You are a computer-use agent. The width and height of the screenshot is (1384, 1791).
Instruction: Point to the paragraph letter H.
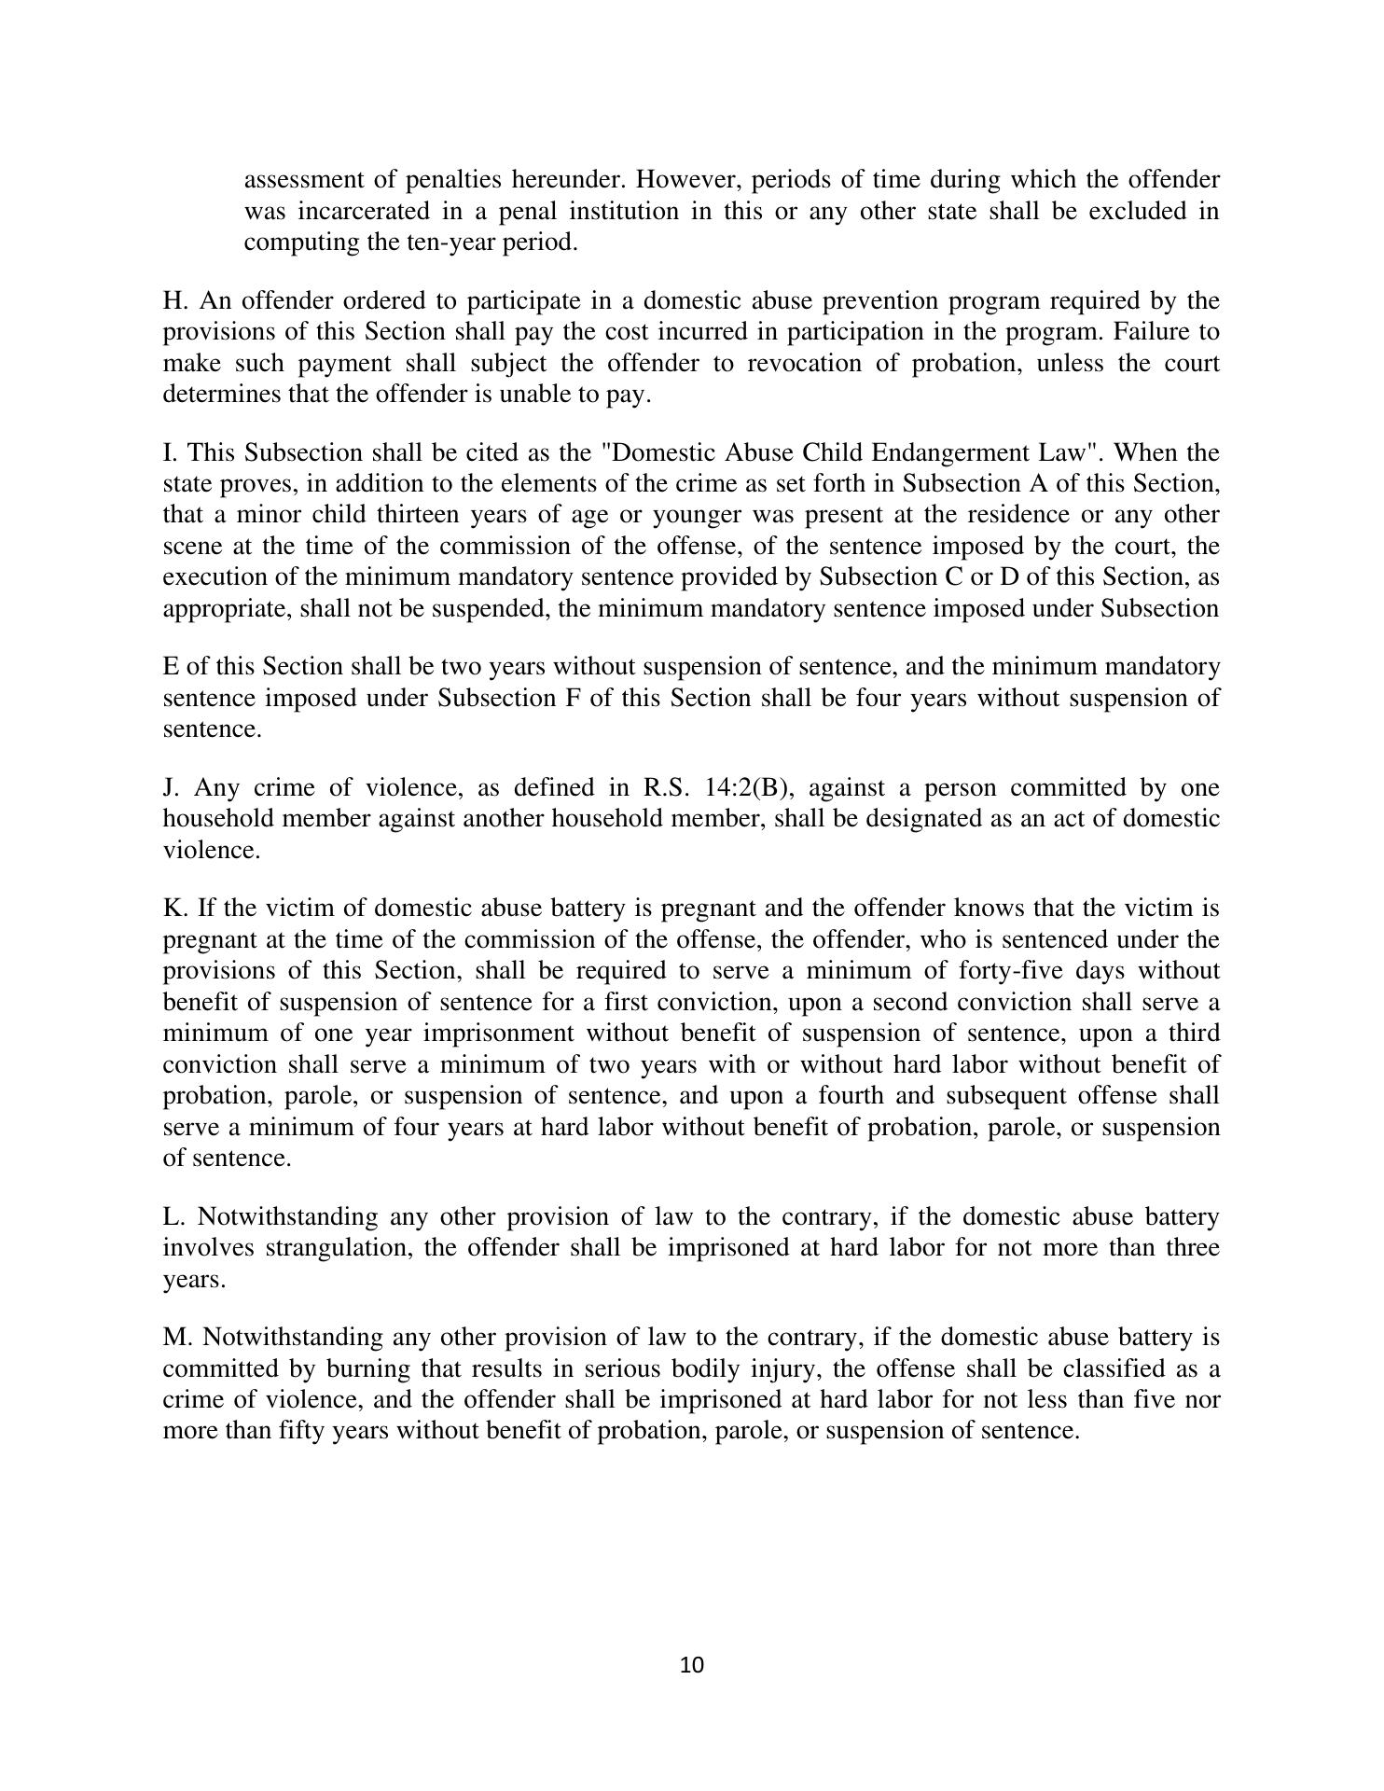[x=172, y=301]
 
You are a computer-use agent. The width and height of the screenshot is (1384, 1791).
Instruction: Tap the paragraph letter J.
[x=169, y=788]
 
